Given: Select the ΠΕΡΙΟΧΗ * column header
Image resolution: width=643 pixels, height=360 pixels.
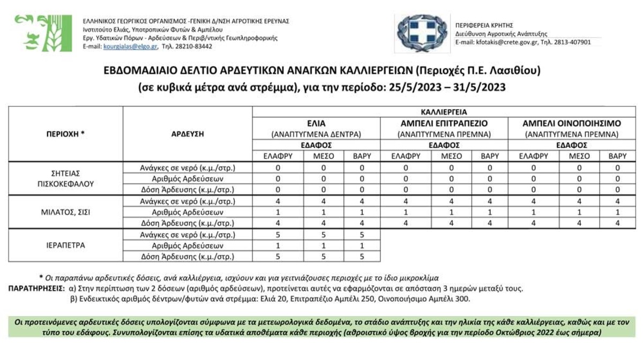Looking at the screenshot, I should [65, 134].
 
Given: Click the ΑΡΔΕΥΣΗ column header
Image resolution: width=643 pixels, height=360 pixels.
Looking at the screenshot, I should [188, 134].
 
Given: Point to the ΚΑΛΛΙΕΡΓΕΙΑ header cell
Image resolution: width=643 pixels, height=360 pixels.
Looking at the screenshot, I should [444, 112].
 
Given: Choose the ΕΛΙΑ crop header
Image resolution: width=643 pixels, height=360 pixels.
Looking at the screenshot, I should [316, 124].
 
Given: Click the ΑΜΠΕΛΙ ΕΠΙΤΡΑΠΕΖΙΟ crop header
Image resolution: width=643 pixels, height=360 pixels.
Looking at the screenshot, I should [444, 124].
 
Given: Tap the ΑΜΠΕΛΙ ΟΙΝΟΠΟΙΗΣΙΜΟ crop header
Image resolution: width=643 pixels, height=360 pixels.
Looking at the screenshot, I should [571, 124].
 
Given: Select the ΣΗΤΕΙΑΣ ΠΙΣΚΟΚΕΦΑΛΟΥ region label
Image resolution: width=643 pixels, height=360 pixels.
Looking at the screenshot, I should [65, 178].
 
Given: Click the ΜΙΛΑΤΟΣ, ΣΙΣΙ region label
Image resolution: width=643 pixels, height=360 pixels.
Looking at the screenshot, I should [65, 212].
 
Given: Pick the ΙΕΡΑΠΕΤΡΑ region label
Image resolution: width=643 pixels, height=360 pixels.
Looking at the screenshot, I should [65, 245].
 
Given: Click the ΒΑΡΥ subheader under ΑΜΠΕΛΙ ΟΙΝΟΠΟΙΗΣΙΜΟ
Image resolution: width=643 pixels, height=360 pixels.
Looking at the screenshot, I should [617, 156].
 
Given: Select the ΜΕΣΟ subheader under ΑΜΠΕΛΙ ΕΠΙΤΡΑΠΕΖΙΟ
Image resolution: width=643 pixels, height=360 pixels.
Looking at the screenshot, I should [451, 156].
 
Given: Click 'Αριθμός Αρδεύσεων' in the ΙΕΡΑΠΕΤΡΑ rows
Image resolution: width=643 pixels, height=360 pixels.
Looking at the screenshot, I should [188, 246].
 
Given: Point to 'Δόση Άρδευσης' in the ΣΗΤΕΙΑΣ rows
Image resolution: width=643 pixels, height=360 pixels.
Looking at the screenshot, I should [188, 190].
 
